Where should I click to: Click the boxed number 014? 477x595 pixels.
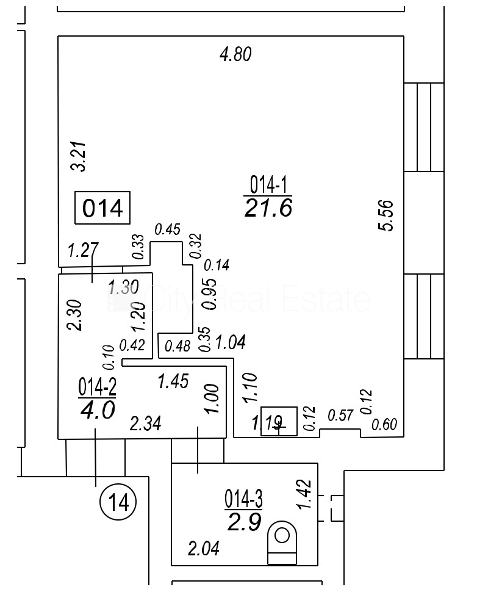[102, 209]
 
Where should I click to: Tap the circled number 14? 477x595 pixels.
[118, 503]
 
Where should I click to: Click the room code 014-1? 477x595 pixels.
[268, 184]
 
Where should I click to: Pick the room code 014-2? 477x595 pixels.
[97, 387]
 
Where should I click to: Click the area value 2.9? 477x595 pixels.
[244, 522]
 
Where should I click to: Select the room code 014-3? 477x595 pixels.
[244, 500]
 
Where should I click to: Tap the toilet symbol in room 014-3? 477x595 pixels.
[282, 542]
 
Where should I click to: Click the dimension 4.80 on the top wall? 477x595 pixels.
[235, 55]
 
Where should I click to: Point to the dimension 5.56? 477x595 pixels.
[386, 215]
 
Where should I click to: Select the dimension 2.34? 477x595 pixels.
[146, 424]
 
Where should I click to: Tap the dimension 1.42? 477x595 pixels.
[307, 494]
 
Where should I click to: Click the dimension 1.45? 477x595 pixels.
[173, 381]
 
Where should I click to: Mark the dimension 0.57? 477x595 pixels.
[341, 416]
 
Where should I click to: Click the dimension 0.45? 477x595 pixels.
[167, 229]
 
